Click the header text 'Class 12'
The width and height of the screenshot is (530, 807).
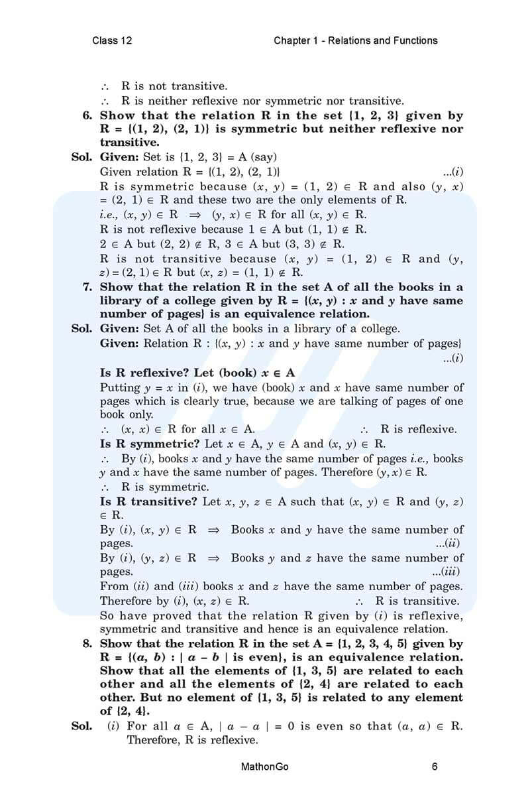[112, 40]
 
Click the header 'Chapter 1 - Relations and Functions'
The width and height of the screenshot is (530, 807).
[355, 40]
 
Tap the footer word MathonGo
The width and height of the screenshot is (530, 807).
[265, 767]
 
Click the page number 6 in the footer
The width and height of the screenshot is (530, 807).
[435, 767]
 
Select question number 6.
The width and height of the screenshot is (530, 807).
[87, 115]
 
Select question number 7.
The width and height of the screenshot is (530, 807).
[87, 287]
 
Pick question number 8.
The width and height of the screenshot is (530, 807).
[87, 644]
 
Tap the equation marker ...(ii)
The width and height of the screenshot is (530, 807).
[449, 543]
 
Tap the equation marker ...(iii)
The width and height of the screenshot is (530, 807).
[447, 572]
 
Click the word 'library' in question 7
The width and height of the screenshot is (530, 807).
[121, 301]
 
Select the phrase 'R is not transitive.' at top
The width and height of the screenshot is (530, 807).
[174, 87]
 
